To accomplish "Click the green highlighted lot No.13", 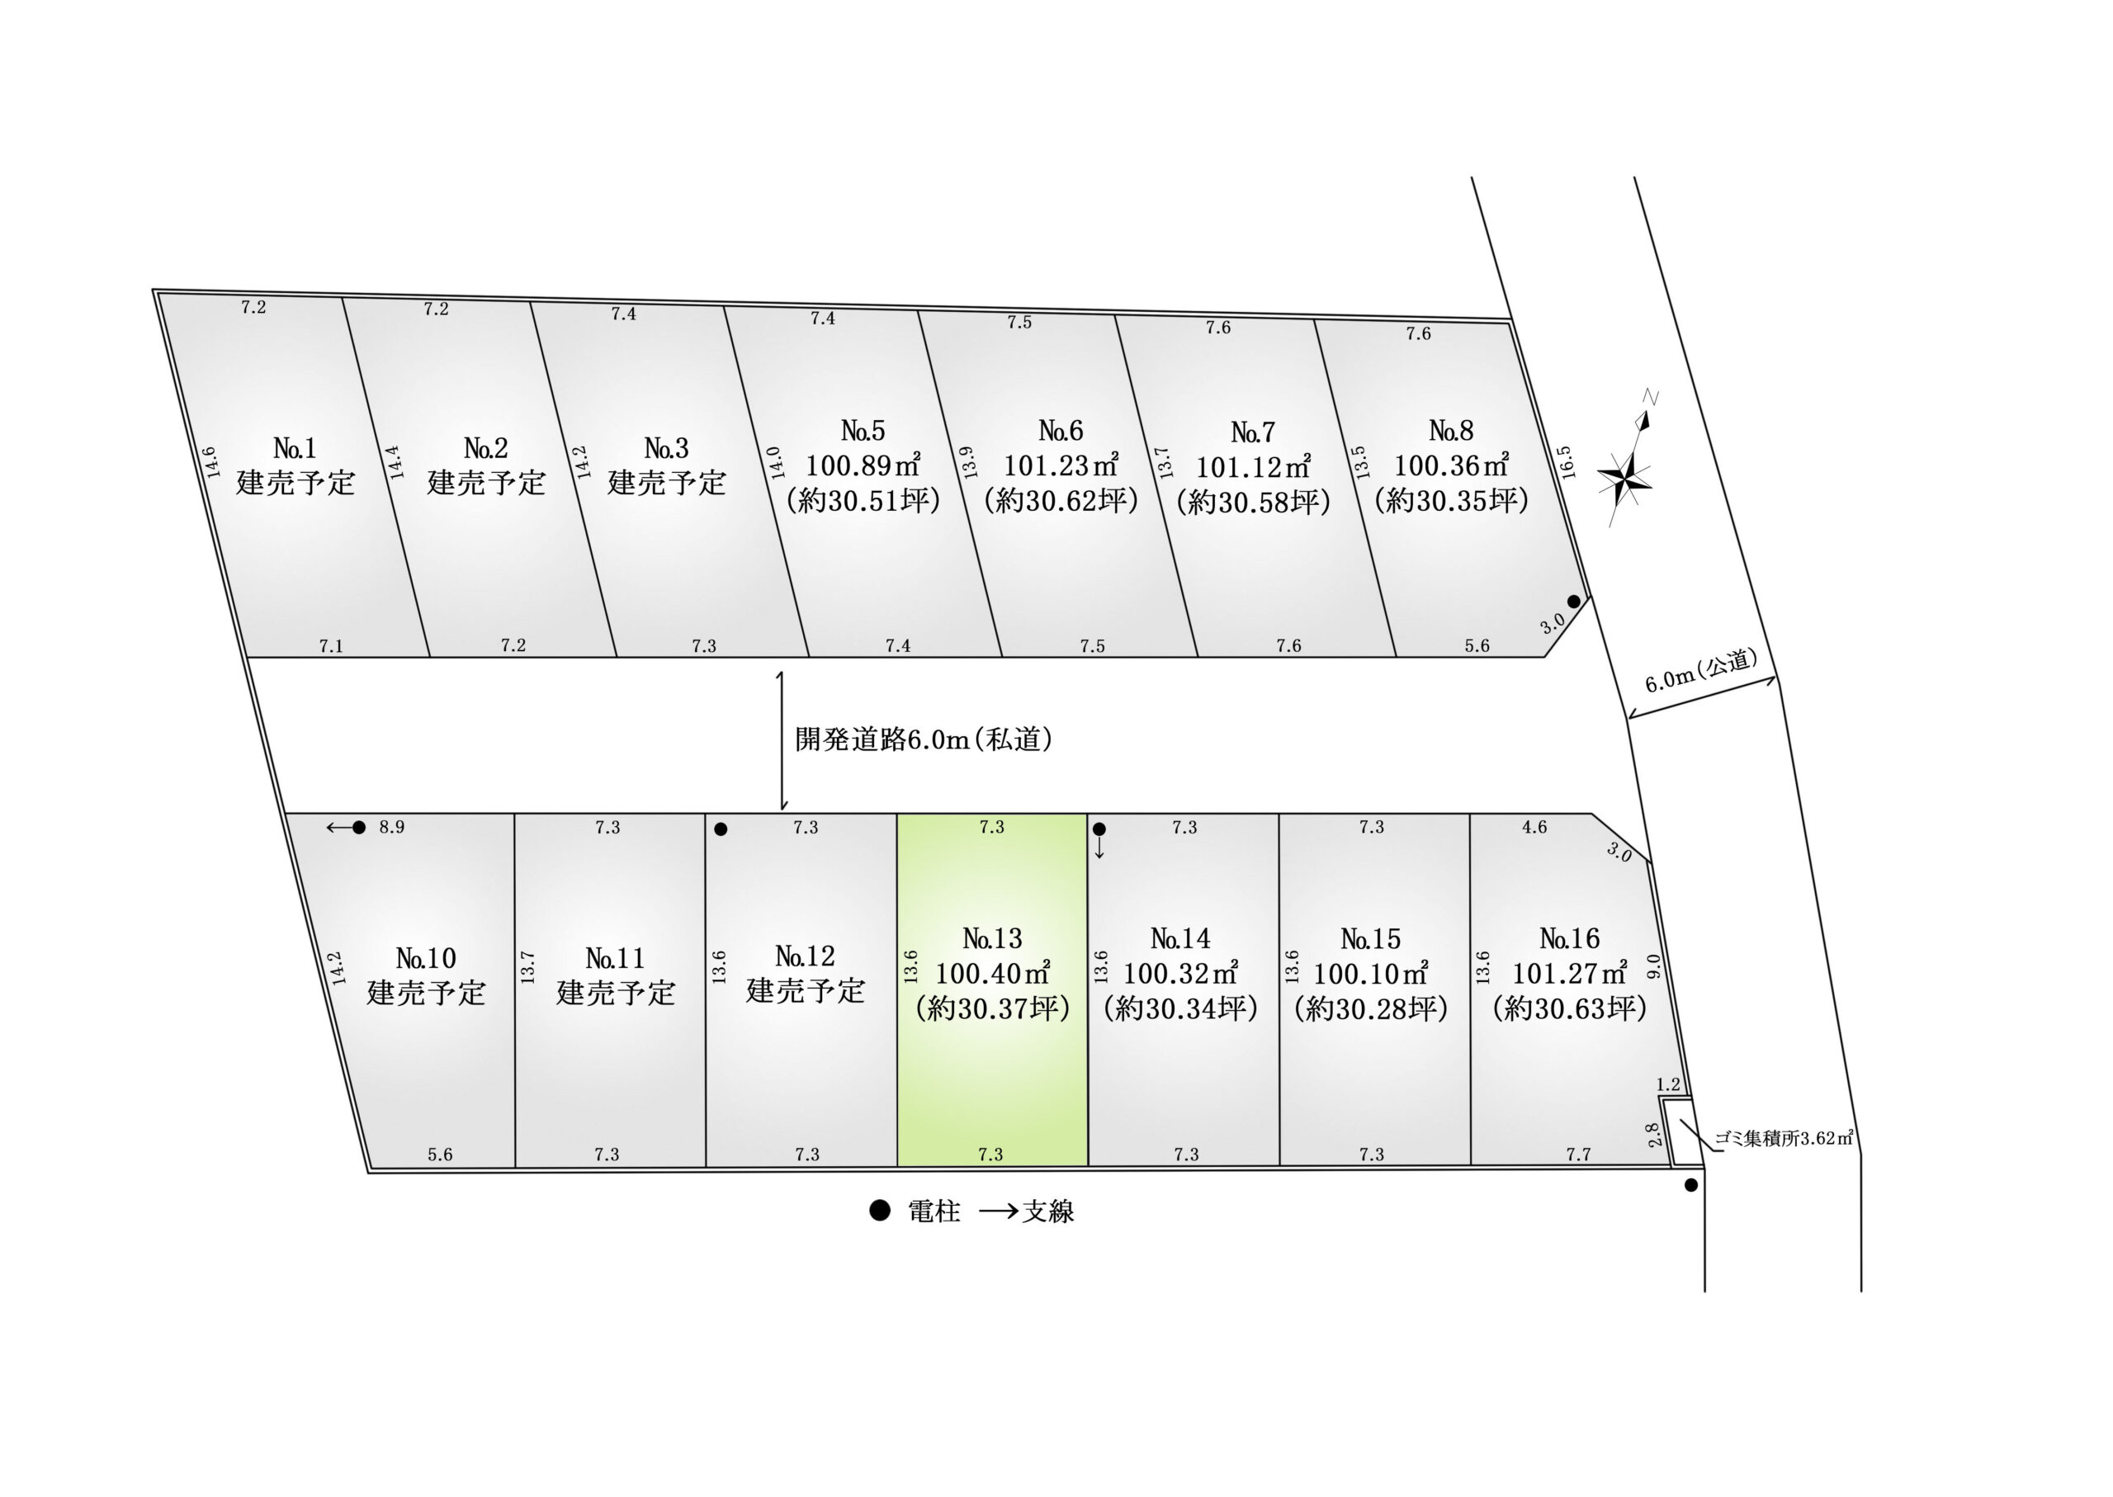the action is click(992, 989).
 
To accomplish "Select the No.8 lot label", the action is click(1451, 431).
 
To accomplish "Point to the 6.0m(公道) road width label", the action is click(1702, 670).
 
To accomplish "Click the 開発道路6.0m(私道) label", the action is click(924, 739).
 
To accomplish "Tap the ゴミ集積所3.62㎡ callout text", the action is click(1784, 1137).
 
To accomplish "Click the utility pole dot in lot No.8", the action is click(1574, 601).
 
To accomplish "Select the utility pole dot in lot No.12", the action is click(721, 829).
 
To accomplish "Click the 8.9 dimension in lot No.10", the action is click(392, 827).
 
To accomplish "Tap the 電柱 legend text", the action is click(934, 1211).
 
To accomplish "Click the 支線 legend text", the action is click(1048, 1211).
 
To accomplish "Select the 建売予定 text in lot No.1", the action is click(295, 482).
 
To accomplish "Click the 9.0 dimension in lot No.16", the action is click(1654, 966).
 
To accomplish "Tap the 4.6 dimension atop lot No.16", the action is click(1534, 827).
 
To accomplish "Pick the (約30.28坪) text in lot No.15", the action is click(1371, 1008).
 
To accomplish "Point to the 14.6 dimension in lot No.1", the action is click(210, 462).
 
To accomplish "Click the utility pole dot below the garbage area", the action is click(1690, 1185).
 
